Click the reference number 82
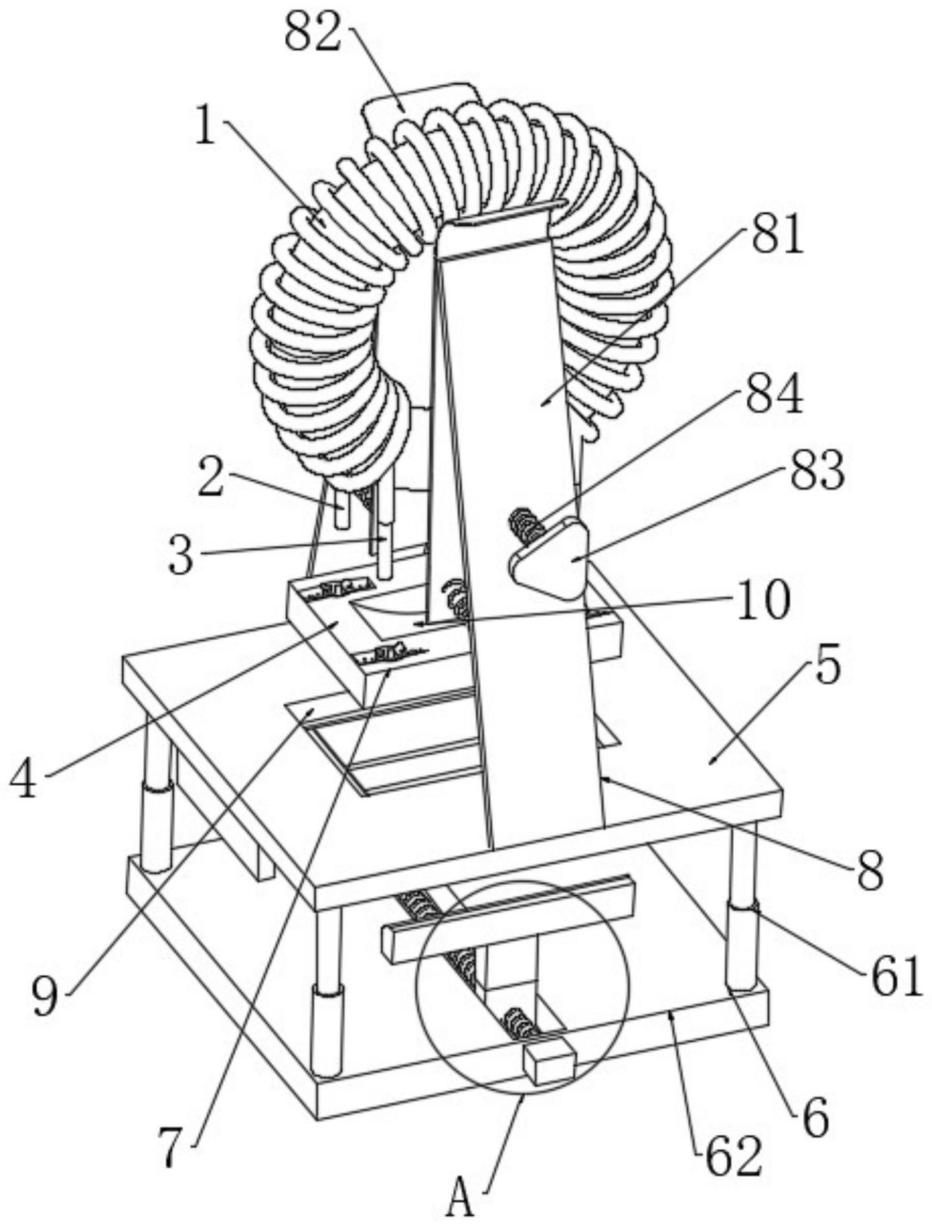click(x=313, y=33)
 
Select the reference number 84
click(x=774, y=396)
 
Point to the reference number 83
click(x=816, y=471)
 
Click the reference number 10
click(x=762, y=600)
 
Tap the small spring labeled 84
click(x=527, y=524)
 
